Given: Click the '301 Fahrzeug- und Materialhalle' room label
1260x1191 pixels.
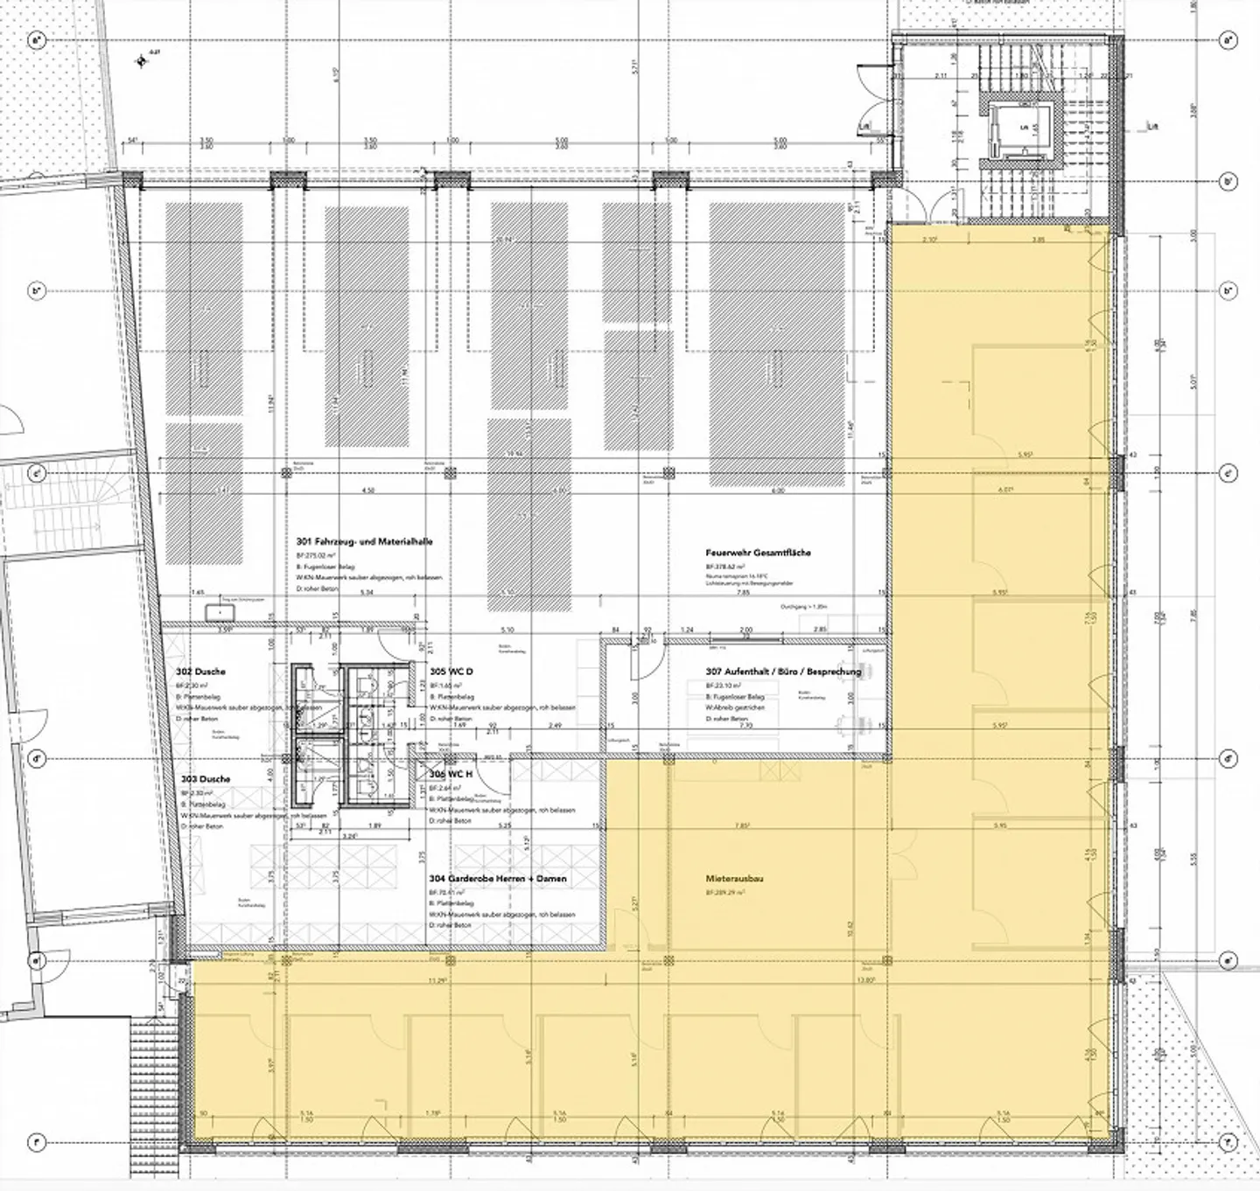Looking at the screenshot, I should (365, 542).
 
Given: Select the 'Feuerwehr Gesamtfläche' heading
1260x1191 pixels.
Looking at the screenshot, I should (759, 553).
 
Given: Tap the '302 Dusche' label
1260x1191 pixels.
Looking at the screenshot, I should (200, 672).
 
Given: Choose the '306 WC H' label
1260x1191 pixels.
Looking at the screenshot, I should (451, 774).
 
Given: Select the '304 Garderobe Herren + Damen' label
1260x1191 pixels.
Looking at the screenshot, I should (497, 879).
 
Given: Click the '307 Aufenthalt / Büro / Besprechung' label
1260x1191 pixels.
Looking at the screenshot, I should (783, 672).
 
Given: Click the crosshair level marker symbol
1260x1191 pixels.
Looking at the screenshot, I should (140, 61).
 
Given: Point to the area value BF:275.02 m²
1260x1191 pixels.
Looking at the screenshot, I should (324, 555).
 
